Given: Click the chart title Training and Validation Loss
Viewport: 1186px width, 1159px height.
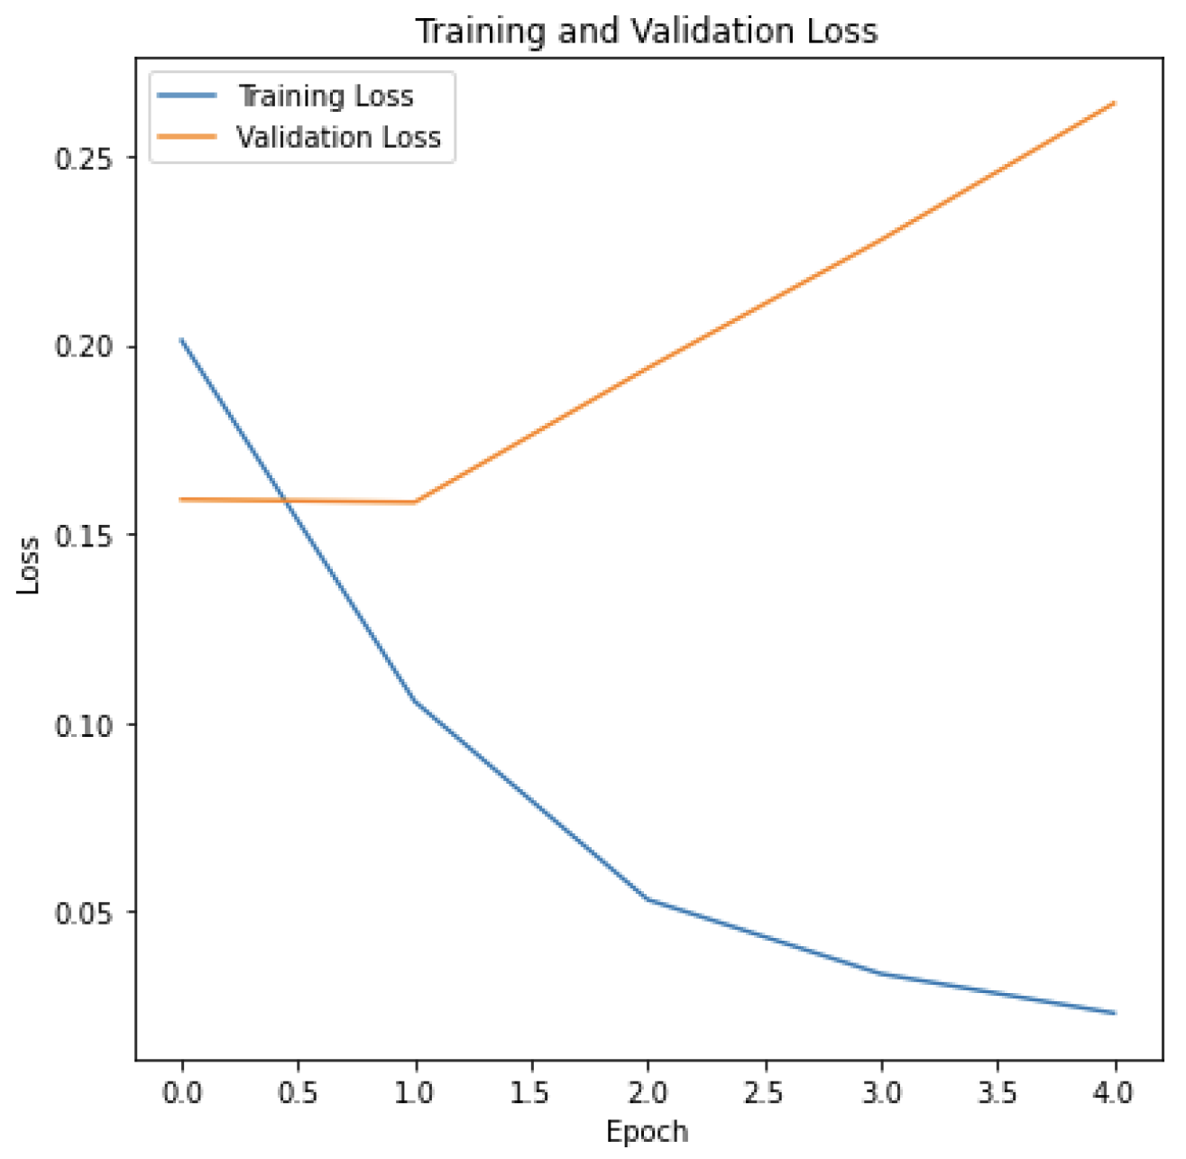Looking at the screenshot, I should pos(646,31).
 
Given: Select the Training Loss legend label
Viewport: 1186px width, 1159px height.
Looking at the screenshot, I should pos(325,96).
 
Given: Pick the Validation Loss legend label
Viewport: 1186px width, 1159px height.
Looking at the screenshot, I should pos(338,137).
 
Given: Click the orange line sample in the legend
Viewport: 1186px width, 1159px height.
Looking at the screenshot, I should pos(187,137).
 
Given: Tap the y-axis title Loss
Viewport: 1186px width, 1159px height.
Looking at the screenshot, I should pos(30,566).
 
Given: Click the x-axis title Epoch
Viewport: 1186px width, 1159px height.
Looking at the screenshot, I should pos(647,1132).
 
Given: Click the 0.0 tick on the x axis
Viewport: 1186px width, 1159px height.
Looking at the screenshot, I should pos(182,1093).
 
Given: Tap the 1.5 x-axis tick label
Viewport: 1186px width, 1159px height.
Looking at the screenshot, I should pos(531,1093).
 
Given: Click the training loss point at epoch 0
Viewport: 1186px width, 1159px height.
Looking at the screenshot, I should pos(182,340).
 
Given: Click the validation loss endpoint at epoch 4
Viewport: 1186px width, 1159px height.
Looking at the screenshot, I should pos(1115,104).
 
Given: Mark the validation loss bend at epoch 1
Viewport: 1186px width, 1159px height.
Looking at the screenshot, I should pos(415,501).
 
